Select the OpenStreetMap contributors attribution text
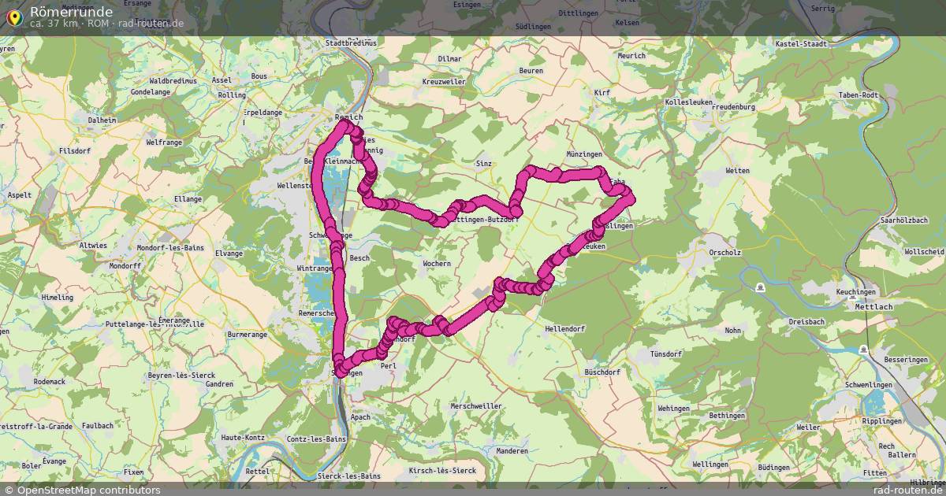pyautogui.click(x=88, y=490)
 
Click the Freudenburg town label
pyautogui.click(x=732, y=107)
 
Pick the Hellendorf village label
pyautogui.click(x=563, y=328)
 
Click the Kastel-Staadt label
pyautogui.click(x=801, y=44)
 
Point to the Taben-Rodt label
pyautogui.click(x=858, y=95)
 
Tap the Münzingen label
pyautogui.click(x=584, y=154)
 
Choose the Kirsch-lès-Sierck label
pyautogui.click(x=442, y=471)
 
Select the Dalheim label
pyautogui.click(x=102, y=120)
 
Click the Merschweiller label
pyautogui.click(x=475, y=406)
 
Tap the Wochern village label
pyautogui.click(x=437, y=264)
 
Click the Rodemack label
pyautogui.click(x=50, y=381)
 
